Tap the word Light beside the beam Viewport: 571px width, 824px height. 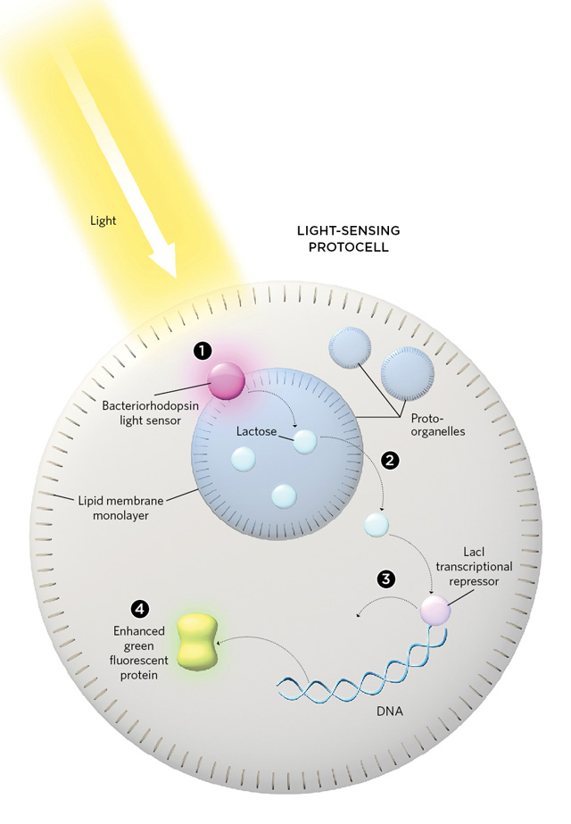pos(103,221)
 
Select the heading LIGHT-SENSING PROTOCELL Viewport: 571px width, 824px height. pos(348,238)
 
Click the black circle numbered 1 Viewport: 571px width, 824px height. pos(203,351)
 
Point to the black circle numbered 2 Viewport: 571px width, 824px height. pos(390,461)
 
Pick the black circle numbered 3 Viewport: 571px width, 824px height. pos(386,579)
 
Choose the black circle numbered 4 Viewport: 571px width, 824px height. pos(139,609)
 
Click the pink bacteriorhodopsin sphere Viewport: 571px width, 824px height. pos(227,380)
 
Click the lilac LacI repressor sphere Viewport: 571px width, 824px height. pos(435,610)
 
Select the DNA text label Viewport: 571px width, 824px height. pos(390,712)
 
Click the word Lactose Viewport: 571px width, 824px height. pos(256,431)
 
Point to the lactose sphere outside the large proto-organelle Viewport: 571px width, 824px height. pos(377,525)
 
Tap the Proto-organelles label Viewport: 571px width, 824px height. pos(438,425)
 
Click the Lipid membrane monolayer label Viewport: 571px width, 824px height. pos(120,508)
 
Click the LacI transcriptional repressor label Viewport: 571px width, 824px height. pos(474,567)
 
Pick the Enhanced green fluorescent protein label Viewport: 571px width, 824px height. pos(138,653)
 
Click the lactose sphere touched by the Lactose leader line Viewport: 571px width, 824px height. pos(304,441)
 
